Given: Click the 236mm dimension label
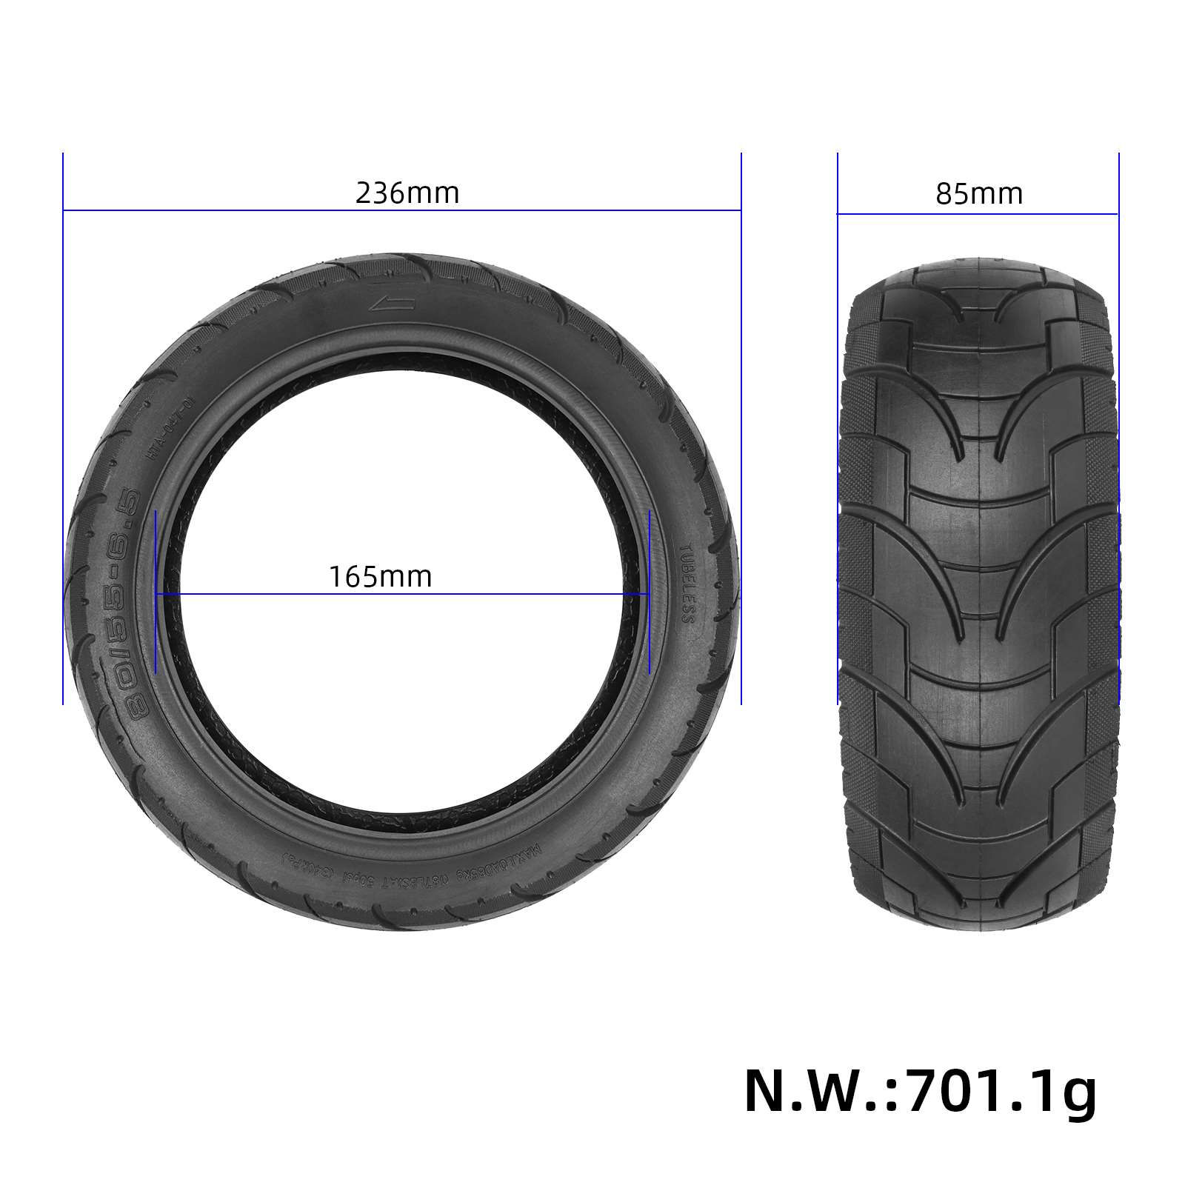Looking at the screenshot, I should coord(407,193).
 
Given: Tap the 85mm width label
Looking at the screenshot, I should coord(978,194).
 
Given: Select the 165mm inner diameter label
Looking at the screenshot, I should coord(380,575).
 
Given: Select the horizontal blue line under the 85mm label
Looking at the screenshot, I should coord(978,214).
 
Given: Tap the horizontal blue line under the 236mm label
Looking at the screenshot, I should coord(222,211).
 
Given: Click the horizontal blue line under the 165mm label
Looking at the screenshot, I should coord(518,593).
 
